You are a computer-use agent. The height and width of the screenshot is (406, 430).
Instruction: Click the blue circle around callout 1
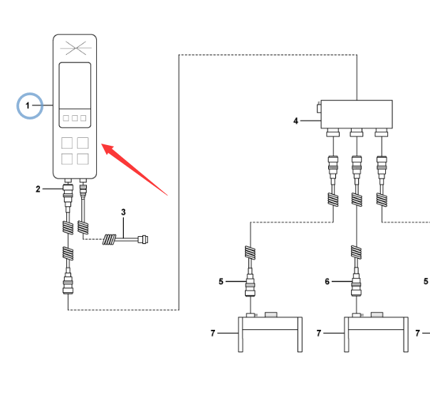[x=29, y=106]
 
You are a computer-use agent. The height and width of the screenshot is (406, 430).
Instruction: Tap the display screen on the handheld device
[x=75, y=85]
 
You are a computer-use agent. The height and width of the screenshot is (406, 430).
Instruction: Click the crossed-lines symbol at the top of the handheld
[x=75, y=48]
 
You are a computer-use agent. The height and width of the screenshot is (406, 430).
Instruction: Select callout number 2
[x=38, y=188]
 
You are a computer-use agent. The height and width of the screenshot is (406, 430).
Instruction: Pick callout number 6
[x=327, y=282]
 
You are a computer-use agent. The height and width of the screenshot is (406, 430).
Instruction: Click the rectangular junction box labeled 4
[x=356, y=113]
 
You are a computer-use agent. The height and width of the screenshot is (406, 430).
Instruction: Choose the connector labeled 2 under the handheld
[x=69, y=191]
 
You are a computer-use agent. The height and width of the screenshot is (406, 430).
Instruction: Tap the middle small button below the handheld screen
[x=75, y=117]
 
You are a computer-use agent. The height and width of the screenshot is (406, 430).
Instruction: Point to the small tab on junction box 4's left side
[x=318, y=109]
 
